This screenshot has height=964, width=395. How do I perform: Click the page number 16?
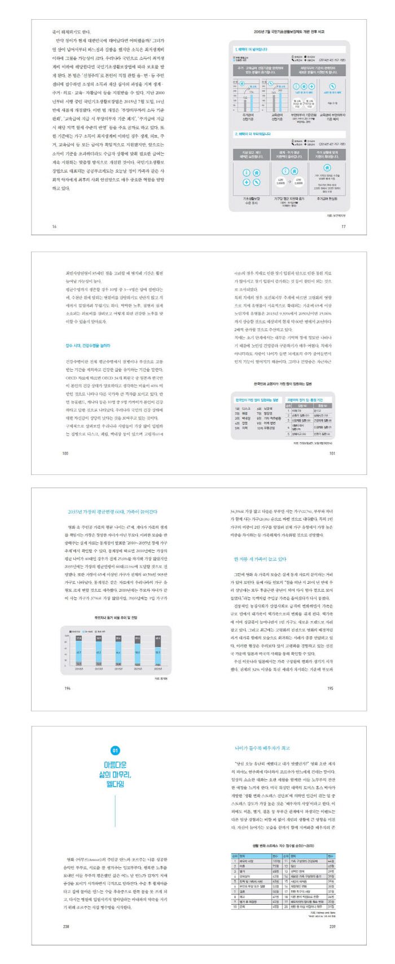click(x=54, y=226)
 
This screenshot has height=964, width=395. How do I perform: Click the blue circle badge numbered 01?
click(x=115, y=751)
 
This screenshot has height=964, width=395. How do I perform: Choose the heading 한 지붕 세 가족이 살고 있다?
click(x=260, y=559)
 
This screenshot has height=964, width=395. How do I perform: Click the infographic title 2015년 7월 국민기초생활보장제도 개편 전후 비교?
click(x=289, y=33)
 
